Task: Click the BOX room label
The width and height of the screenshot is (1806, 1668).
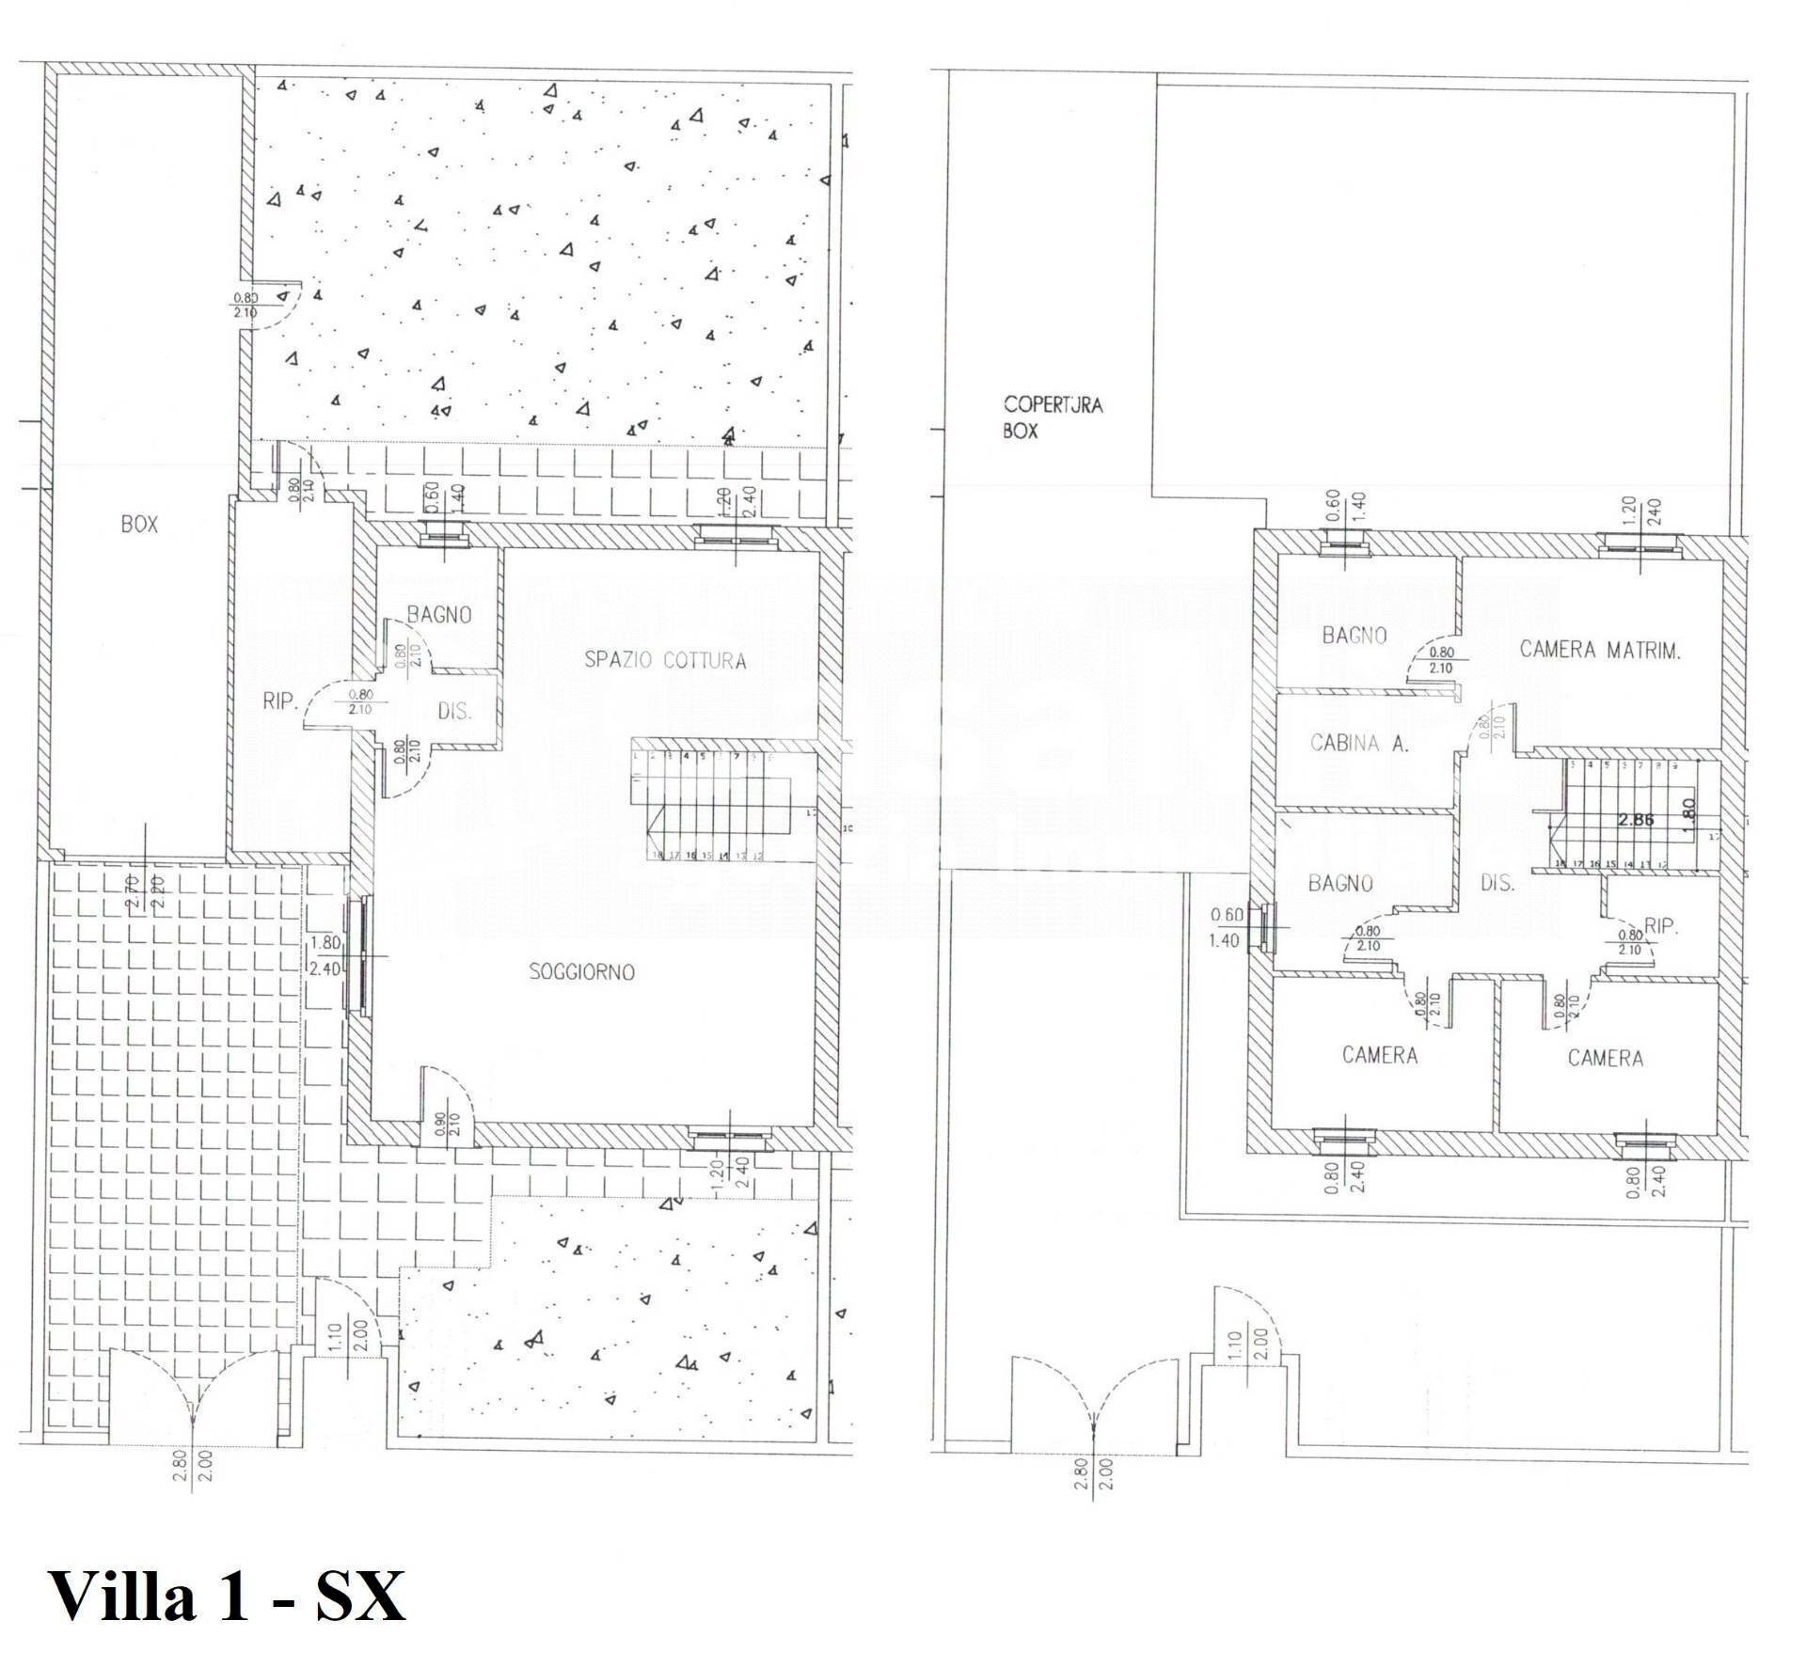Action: (x=139, y=525)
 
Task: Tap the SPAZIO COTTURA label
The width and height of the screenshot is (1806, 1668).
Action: (x=665, y=660)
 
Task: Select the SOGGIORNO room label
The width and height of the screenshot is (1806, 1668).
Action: (x=581, y=972)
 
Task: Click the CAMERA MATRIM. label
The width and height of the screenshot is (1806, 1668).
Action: (x=1600, y=650)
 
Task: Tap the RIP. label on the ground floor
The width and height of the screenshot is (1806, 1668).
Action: (x=280, y=701)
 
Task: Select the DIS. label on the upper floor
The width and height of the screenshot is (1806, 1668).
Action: (x=1497, y=884)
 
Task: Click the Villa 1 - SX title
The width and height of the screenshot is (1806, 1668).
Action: (x=226, y=1596)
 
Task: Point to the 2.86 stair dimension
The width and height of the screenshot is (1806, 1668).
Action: (x=1636, y=819)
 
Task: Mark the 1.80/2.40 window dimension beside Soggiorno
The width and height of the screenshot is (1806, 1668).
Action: (x=325, y=956)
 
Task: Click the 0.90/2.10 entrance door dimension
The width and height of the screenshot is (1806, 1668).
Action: (x=448, y=1127)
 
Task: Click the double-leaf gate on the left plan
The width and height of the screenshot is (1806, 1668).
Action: (x=193, y=1390)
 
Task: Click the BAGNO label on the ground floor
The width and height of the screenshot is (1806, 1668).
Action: (x=438, y=615)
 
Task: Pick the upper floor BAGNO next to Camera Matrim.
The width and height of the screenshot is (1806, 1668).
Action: (x=1354, y=636)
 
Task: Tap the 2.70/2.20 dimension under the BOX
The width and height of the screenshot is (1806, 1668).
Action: (x=145, y=890)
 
